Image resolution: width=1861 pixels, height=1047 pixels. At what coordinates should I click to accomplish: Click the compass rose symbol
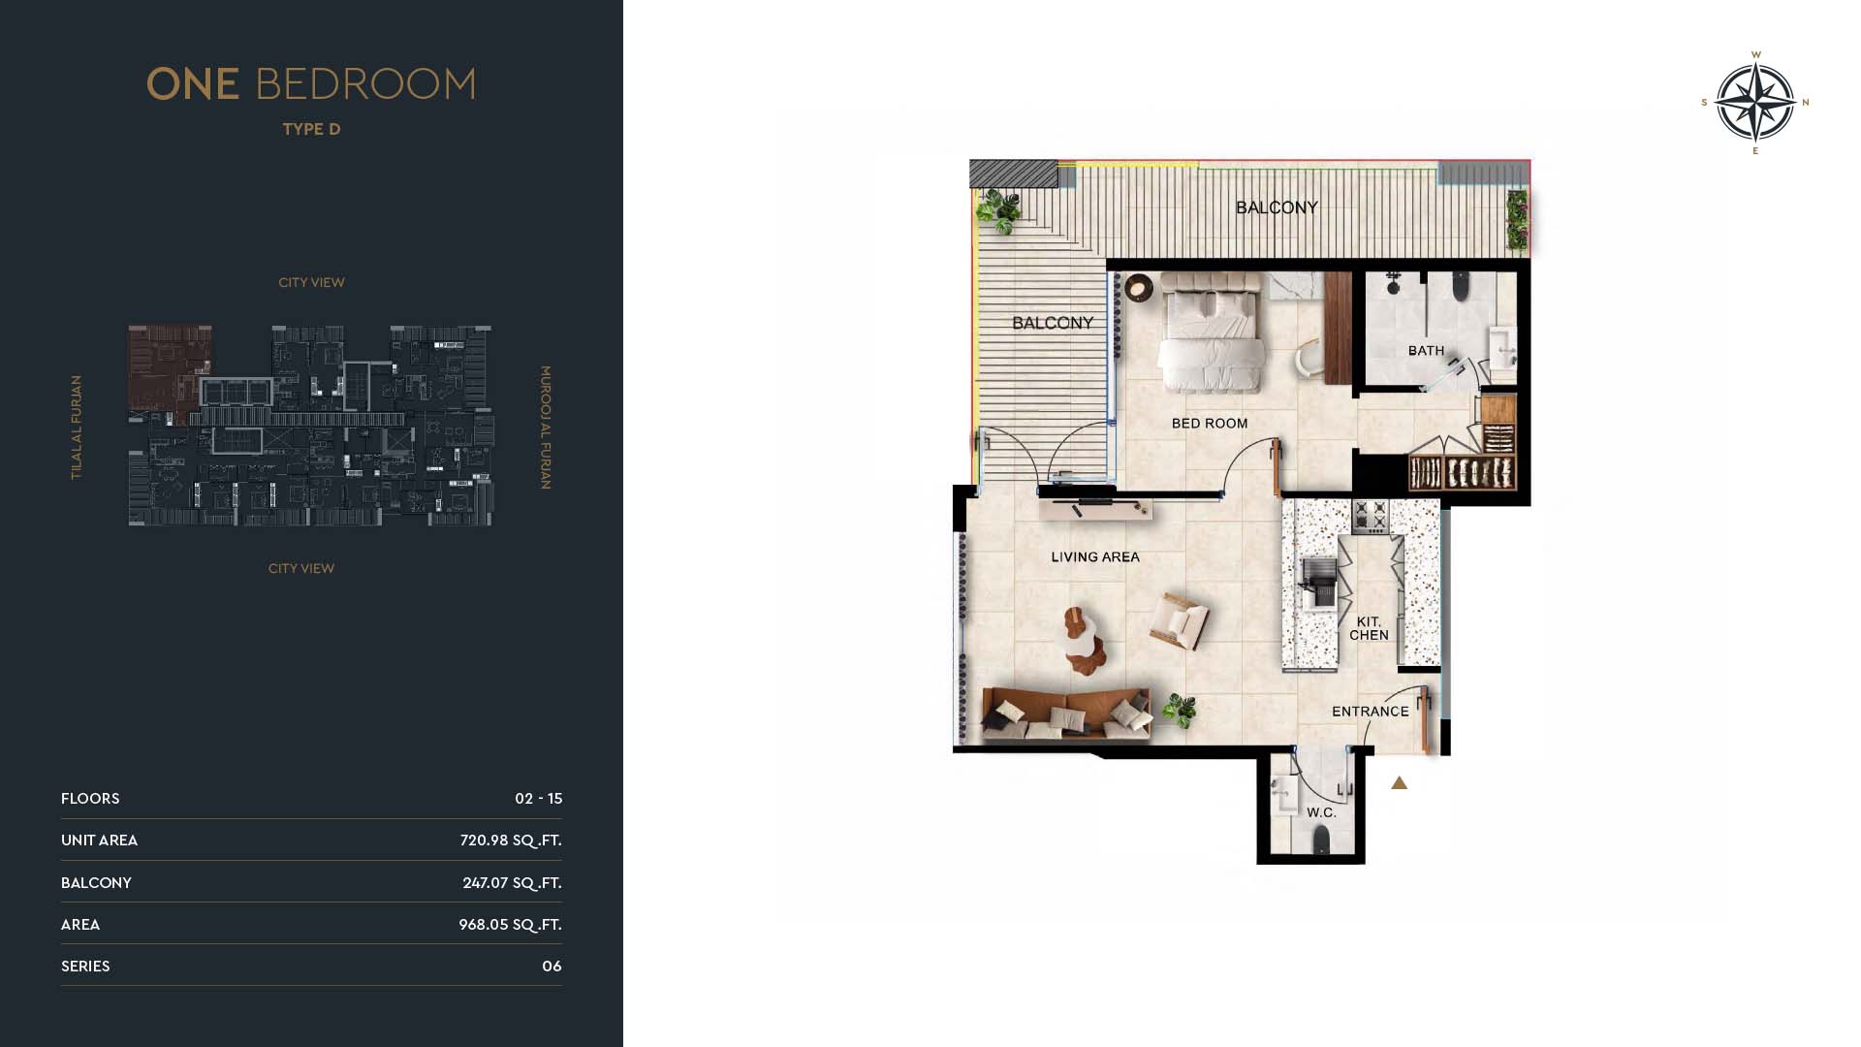(1755, 102)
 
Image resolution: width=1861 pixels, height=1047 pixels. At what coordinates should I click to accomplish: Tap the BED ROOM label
(1210, 424)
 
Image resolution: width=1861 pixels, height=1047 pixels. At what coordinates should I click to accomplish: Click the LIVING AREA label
(1095, 557)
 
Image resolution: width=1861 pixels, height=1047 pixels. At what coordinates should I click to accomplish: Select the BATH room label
(1426, 351)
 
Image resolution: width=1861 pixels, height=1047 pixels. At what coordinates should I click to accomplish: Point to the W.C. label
(1321, 812)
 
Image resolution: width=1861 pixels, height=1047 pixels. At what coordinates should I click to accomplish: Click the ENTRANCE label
(1371, 712)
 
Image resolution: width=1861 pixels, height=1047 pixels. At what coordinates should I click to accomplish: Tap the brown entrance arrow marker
(1399, 782)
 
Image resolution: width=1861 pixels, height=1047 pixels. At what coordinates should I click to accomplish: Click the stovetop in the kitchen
(1371, 517)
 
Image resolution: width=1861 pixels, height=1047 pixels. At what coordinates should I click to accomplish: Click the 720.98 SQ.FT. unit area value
(511, 841)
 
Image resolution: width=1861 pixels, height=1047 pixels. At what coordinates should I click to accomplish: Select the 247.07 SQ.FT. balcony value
(512, 883)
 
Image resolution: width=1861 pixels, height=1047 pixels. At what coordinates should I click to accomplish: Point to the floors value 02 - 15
(539, 799)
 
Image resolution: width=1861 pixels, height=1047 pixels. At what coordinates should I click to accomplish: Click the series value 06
(552, 967)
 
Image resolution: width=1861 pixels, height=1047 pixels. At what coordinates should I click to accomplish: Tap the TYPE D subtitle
(311, 129)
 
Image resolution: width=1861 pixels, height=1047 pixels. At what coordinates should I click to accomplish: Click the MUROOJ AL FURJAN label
(545, 428)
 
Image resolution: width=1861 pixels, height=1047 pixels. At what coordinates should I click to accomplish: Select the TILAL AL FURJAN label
(77, 428)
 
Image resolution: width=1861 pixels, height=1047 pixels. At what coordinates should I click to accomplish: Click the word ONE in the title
(193, 84)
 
